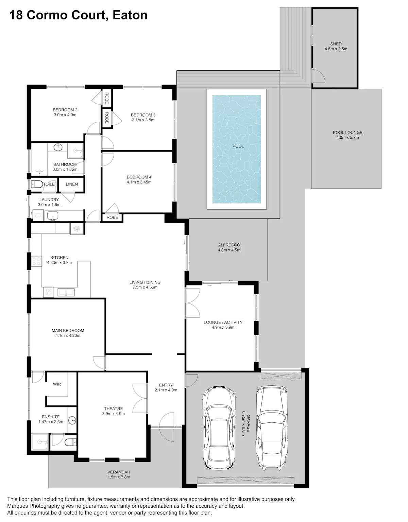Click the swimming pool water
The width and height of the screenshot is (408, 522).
(236, 149)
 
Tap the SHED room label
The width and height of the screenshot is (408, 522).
(336, 44)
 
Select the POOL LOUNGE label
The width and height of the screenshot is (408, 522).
(347, 132)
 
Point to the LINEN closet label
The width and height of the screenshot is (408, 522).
(72, 184)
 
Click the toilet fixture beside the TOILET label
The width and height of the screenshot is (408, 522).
(37, 185)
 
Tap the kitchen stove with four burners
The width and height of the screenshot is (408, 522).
(36, 261)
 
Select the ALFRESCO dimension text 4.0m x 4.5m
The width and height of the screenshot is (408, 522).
(229, 250)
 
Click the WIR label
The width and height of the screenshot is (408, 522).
(57, 384)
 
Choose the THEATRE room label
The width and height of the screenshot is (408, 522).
(114, 408)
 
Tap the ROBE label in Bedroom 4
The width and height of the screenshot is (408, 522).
(112, 217)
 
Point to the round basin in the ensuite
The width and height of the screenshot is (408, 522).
(72, 420)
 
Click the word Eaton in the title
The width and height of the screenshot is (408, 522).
(130, 15)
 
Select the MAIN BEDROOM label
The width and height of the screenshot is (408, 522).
(68, 331)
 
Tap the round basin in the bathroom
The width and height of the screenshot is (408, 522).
(58, 147)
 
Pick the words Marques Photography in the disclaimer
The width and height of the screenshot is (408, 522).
(33, 506)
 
